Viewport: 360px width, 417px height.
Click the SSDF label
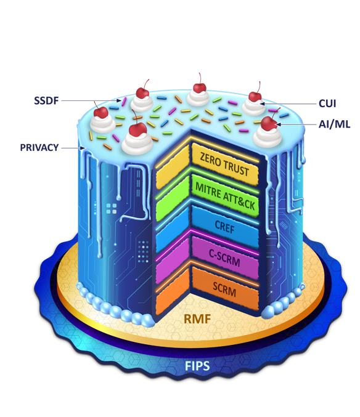(x=46, y=101)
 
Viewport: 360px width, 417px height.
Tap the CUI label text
(x=327, y=103)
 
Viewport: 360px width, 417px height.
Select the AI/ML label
(x=335, y=124)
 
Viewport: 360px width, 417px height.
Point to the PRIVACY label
(x=39, y=148)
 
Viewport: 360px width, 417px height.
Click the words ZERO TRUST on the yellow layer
(x=224, y=164)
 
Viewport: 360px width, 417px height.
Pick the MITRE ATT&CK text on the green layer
(x=225, y=196)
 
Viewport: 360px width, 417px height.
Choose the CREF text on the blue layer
(x=224, y=227)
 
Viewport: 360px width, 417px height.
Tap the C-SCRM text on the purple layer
(x=224, y=257)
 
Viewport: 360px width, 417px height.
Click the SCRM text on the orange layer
(x=224, y=289)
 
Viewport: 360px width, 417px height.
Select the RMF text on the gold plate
(x=197, y=319)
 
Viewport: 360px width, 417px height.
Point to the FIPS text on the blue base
(x=197, y=366)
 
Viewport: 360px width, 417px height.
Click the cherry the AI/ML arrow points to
(x=269, y=124)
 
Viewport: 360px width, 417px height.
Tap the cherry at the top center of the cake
(x=200, y=87)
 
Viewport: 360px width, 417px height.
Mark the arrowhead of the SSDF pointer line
(x=120, y=101)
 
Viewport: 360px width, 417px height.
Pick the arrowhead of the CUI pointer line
(x=262, y=103)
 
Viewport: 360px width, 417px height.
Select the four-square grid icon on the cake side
(x=112, y=209)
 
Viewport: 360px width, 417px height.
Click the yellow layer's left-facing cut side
(x=173, y=166)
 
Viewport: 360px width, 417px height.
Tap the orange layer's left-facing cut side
(x=173, y=291)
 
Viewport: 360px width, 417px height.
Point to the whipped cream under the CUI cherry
(x=254, y=107)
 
